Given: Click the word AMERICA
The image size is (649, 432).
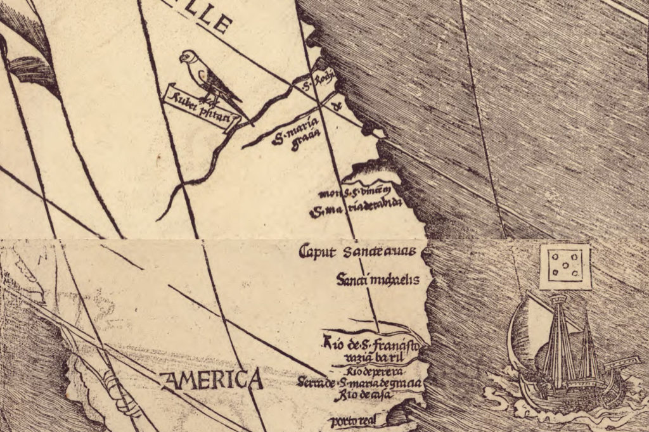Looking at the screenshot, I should point(212,380).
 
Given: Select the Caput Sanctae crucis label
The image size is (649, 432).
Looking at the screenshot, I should point(357,251).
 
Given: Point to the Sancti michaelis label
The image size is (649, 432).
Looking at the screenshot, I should point(378,279).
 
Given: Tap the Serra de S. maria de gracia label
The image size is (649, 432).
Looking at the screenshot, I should point(359,383).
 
